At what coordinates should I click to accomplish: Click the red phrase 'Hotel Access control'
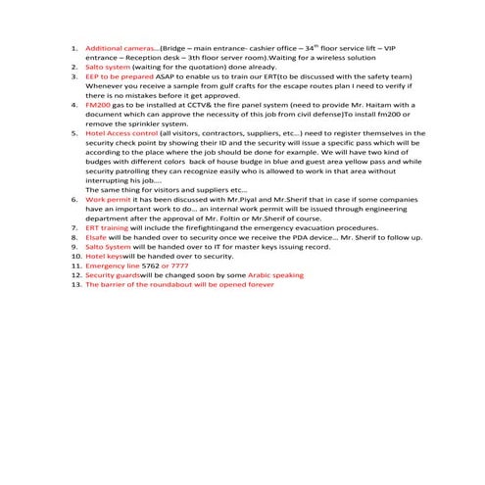121,131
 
